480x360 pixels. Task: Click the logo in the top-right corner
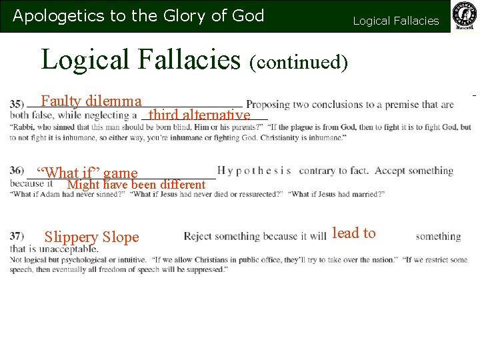tap(465, 16)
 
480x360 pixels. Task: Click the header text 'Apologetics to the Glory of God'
tap(139, 16)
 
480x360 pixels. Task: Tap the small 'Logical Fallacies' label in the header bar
tap(396, 21)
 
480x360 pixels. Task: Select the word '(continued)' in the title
tap(299, 62)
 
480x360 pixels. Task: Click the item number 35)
tap(17, 105)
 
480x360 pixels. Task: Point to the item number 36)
tap(17, 171)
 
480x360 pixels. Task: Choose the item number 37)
tap(17, 236)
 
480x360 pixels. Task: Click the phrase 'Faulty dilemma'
tap(91, 101)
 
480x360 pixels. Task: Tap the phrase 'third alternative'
tap(199, 115)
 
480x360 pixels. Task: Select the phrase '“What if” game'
tap(87, 173)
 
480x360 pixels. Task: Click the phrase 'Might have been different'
tap(137, 184)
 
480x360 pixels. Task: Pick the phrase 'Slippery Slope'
tap(91, 237)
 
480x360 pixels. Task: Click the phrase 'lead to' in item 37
tap(353, 233)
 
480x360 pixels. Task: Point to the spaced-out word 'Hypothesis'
tap(254, 171)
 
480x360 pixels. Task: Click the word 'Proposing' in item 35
tap(268, 105)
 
